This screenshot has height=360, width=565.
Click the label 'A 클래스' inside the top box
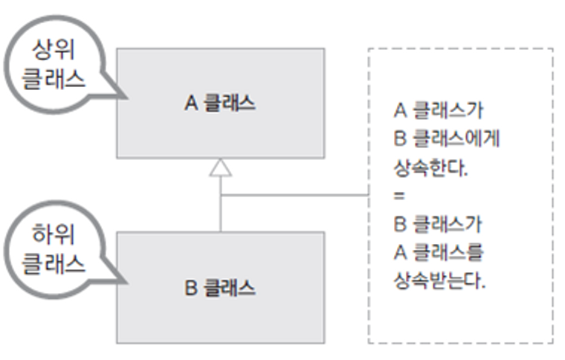pyautogui.click(x=219, y=103)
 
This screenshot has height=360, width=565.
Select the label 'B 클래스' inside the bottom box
pyautogui.click(x=219, y=288)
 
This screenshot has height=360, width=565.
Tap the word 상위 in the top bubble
pyautogui.click(x=54, y=51)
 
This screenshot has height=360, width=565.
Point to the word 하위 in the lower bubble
pyautogui.click(x=54, y=237)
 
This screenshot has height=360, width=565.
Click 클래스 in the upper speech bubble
pyautogui.click(x=54, y=78)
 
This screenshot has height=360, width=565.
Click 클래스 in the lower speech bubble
pyautogui.click(x=54, y=263)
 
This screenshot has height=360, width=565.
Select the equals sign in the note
pyautogui.click(x=398, y=195)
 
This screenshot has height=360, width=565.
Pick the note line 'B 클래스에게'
pyautogui.click(x=446, y=140)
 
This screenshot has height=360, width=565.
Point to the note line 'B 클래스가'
pyautogui.click(x=439, y=224)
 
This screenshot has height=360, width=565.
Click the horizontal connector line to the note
pyautogui.click(x=297, y=196)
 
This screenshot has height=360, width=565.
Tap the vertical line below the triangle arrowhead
pyautogui.click(x=220, y=212)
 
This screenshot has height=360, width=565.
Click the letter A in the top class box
pyautogui.click(x=190, y=103)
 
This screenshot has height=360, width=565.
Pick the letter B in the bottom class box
pyautogui.click(x=190, y=288)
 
